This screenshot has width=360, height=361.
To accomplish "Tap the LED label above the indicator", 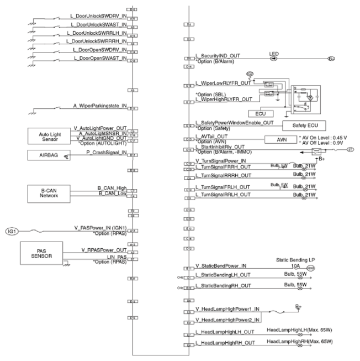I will point(274,54).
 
